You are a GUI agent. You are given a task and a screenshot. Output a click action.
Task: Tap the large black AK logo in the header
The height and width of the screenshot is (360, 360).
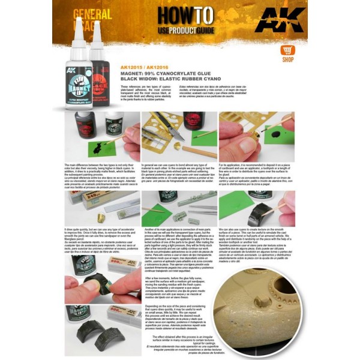point(287,21)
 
